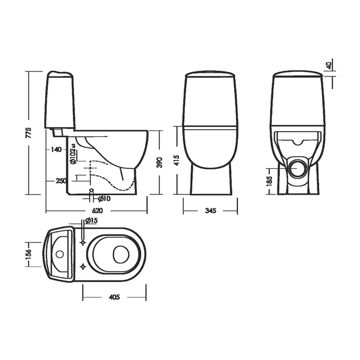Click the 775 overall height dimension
tap(29, 133)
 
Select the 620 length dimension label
tap(97, 211)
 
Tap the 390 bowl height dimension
tap(159, 162)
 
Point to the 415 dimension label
tap(177, 160)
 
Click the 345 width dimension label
tap(210, 211)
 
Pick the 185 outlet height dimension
tap(269, 181)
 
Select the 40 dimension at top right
tap(329, 65)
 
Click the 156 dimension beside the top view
tap(28, 254)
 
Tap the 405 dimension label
tap(114, 297)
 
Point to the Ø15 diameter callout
tap(91, 220)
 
